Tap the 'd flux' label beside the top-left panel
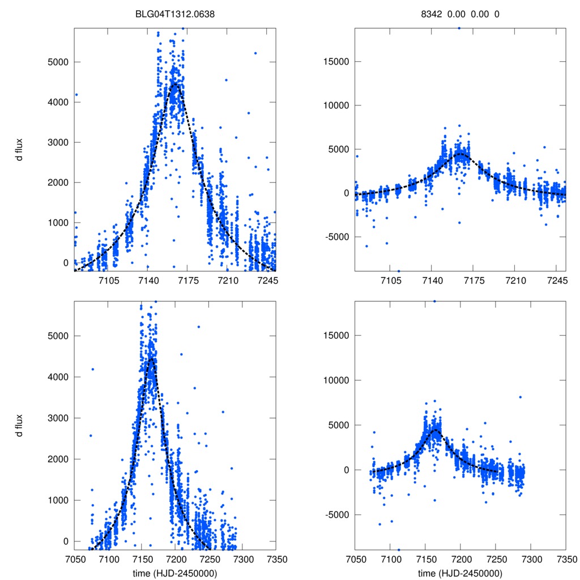pyautogui.click(x=19, y=150)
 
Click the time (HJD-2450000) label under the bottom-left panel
pyautogui.click(x=175, y=573)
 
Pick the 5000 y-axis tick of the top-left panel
pyautogui.click(x=56, y=62)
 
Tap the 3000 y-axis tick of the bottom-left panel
pyautogui.click(x=56, y=418)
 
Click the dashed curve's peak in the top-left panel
pyautogui.click(x=174, y=84)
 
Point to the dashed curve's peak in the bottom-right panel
pyautogui.click(x=436, y=430)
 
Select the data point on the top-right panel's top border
pyautogui.click(x=459, y=27)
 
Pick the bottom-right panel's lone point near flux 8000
pyautogui.click(x=520, y=397)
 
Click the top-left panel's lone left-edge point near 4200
pyautogui.click(x=76, y=95)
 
